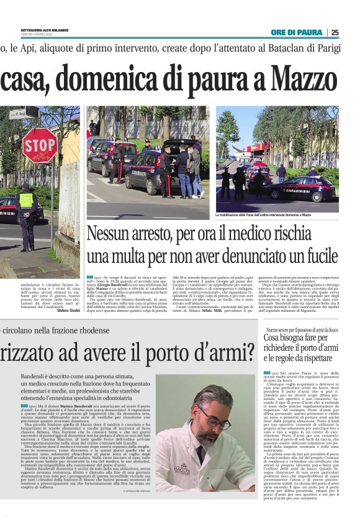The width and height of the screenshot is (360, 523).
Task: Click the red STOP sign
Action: click(39, 146)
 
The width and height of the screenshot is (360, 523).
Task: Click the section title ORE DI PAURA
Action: click(296, 32)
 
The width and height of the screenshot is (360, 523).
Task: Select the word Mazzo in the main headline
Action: click(308, 80)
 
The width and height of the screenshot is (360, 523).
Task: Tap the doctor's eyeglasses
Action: click(215, 418)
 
